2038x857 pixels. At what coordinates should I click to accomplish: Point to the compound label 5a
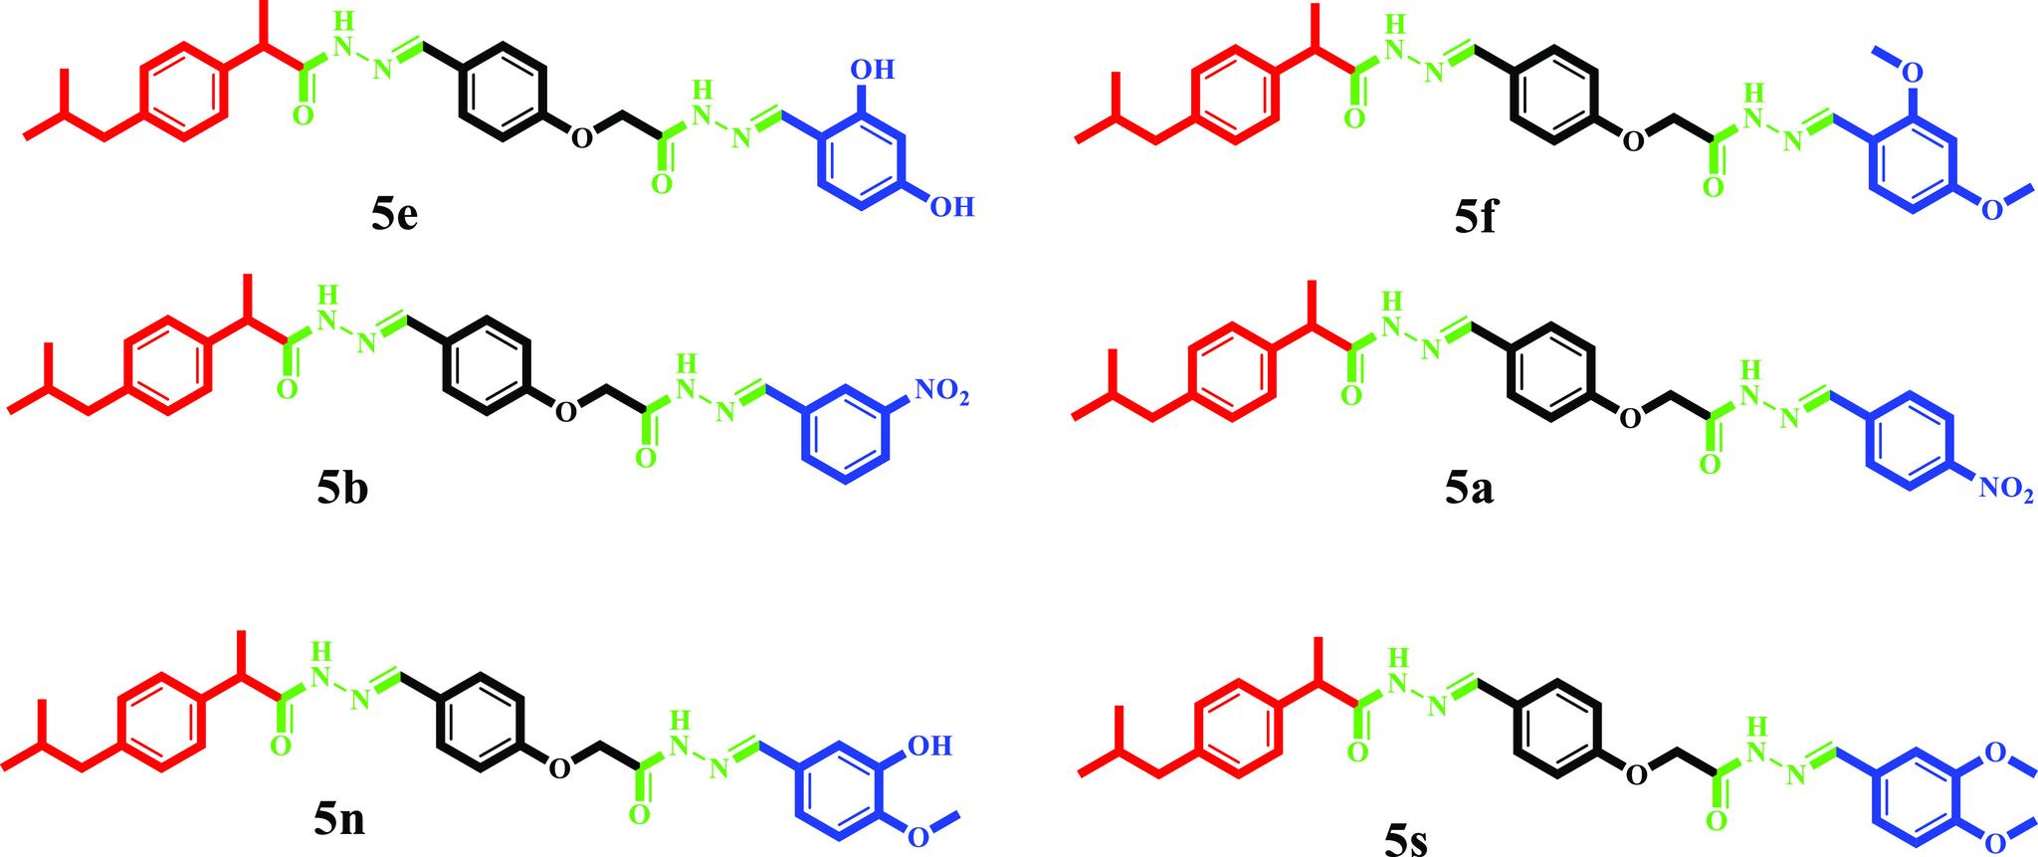tap(1471, 488)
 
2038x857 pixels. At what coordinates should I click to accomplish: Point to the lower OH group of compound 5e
tap(949, 207)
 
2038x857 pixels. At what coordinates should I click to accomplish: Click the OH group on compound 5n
tap(930, 745)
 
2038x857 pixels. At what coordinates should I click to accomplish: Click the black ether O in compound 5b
tap(564, 410)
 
